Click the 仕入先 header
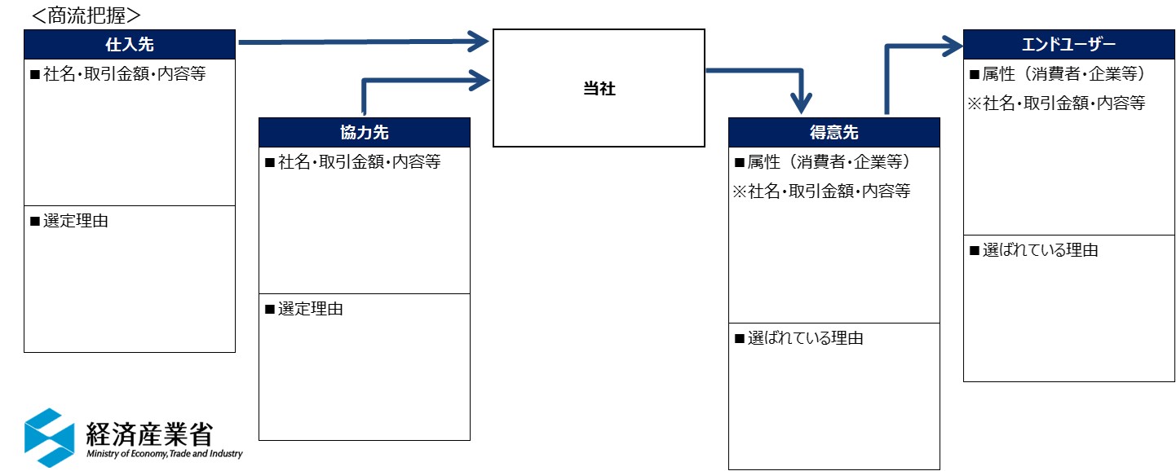pyautogui.click(x=130, y=45)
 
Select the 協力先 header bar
pyautogui.click(x=365, y=132)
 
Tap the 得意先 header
pyautogui.click(x=833, y=132)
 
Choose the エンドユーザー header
pyautogui.click(x=1068, y=44)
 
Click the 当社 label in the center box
pyautogui.click(x=599, y=89)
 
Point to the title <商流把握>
pyautogui.click(x=86, y=15)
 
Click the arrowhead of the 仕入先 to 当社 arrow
pyautogui.click(x=480, y=40)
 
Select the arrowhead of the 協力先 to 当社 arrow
pyautogui.click(x=480, y=79)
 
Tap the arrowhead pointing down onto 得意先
pyautogui.click(x=802, y=103)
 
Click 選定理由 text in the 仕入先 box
pyautogui.click(x=75, y=221)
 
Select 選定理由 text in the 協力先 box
pyautogui.click(x=310, y=309)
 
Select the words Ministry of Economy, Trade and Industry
pyautogui.click(x=164, y=454)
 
